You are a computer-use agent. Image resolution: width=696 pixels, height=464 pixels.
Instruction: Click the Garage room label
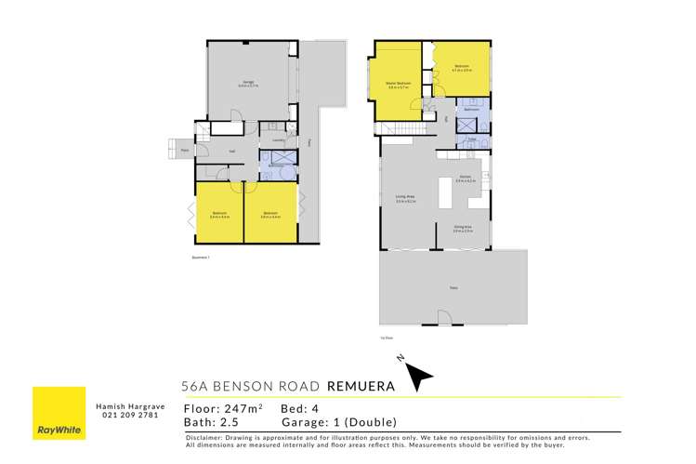click(249, 84)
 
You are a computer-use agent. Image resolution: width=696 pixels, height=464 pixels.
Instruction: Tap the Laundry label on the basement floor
click(277, 140)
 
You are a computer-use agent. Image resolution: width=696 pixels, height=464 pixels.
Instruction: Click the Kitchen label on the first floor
click(466, 177)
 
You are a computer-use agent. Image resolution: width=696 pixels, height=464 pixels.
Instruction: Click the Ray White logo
click(59, 413)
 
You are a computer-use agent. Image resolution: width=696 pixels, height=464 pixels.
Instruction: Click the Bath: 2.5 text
click(216, 422)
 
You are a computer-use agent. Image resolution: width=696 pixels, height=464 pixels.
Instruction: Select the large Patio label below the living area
click(453, 288)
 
